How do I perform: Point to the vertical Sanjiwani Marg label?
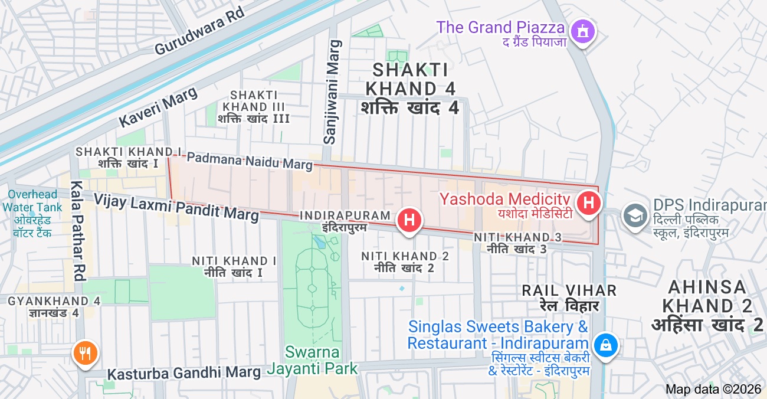point(333,92)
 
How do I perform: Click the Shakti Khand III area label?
point(254,107)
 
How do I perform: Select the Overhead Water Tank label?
point(32,213)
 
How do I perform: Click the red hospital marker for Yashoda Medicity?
point(588,204)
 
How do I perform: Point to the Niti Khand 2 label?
point(405,261)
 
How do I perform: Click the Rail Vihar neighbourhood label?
point(569,297)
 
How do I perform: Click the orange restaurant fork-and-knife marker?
point(86,353)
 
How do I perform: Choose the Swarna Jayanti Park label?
point(312,360)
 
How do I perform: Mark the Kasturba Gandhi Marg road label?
point(184,373)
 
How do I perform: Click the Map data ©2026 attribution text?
point(713,389)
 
